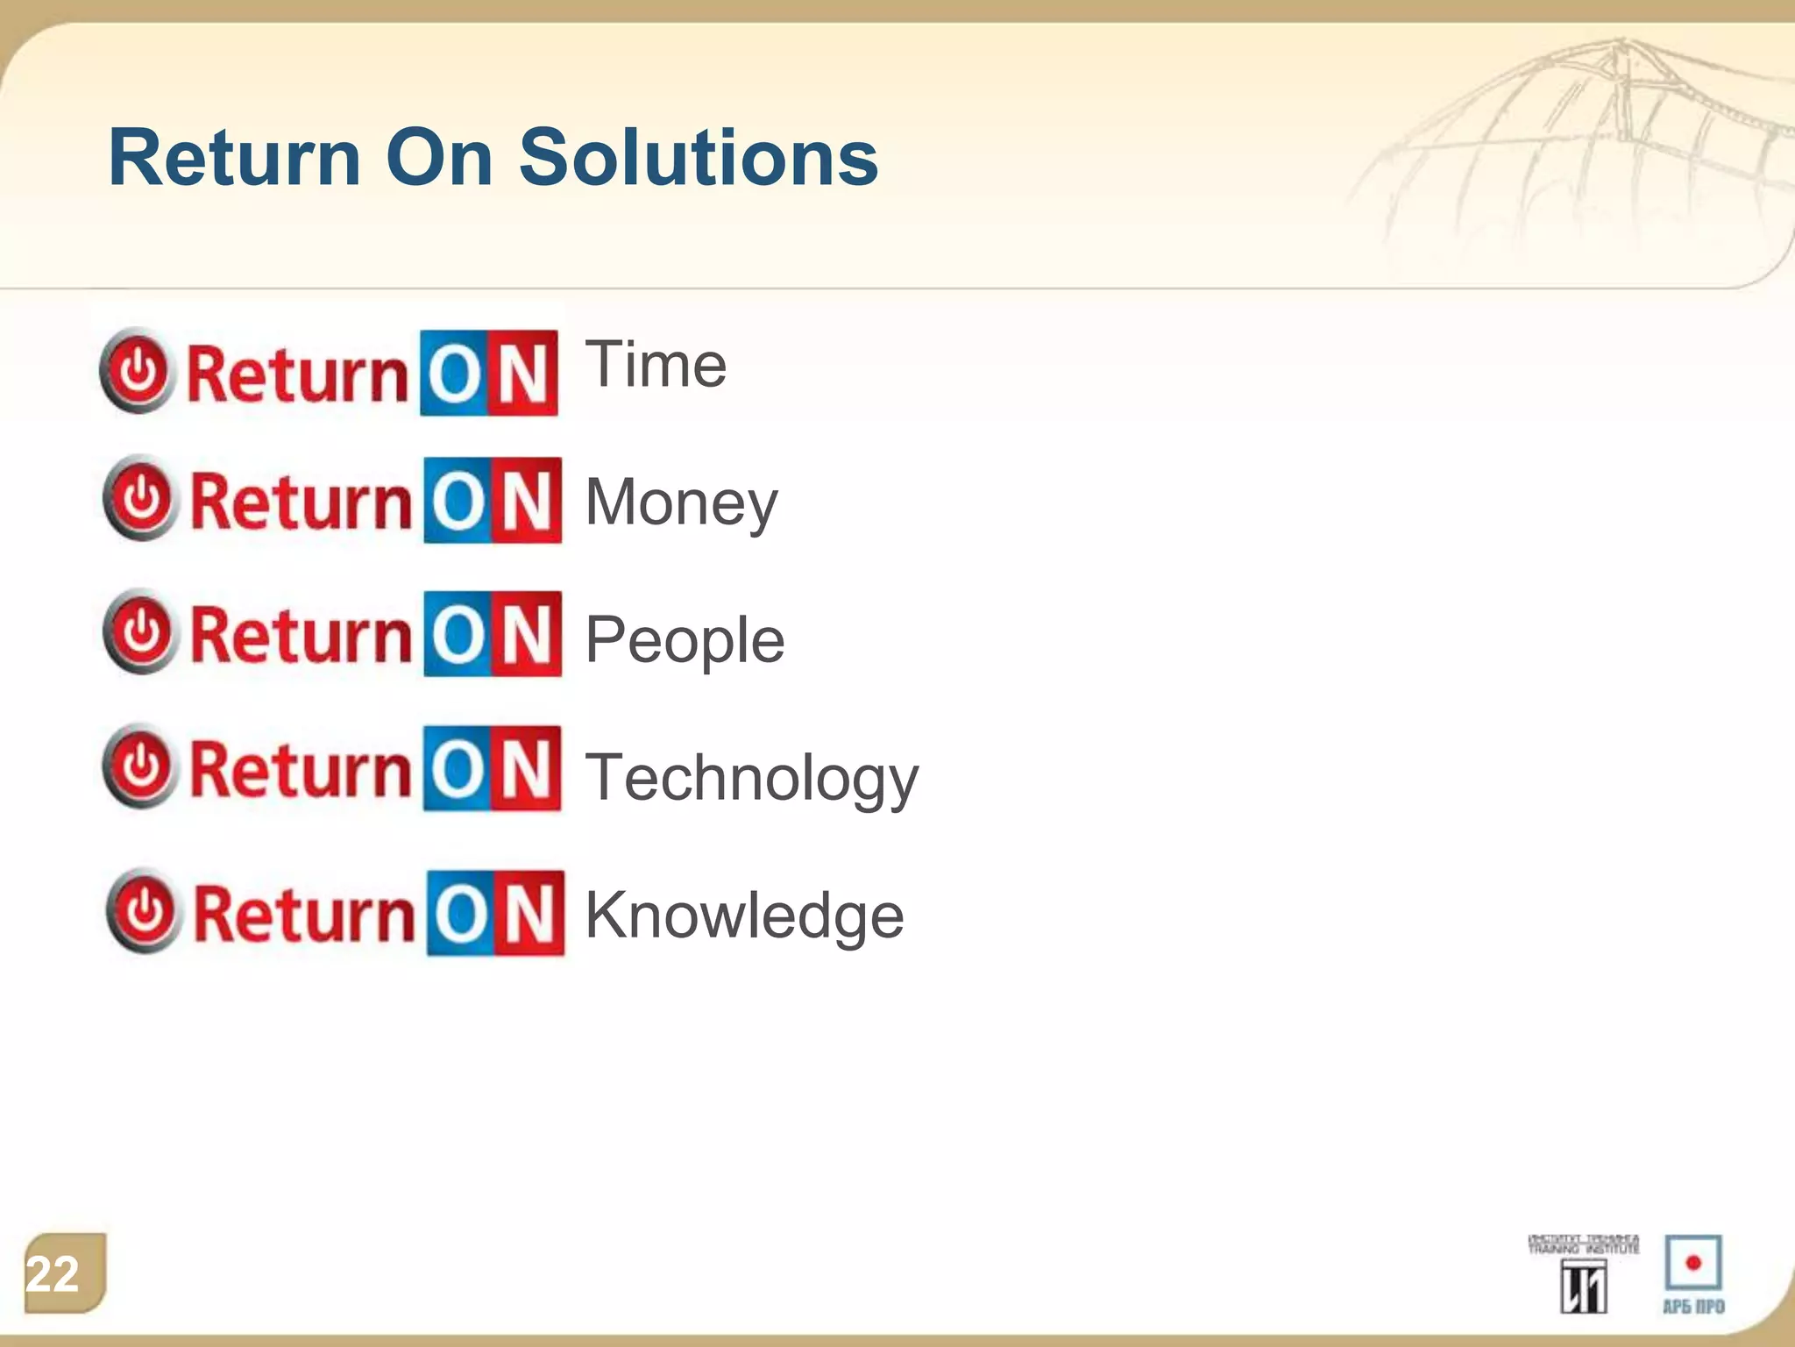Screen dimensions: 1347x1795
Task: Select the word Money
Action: tap(681, 502)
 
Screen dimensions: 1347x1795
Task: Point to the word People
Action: tap(685, 640)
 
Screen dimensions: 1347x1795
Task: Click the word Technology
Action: tap(751, 778)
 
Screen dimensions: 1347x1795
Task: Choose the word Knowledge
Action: tap(744, 916)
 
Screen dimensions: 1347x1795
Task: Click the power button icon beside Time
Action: tap(138, 371)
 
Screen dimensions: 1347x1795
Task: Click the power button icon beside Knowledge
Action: tap(145, 911)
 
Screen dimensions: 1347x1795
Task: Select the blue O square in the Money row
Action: tap(458, 501)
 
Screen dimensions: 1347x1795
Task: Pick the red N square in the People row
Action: tap(528, 634)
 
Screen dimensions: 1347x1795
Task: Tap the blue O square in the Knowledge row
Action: tap(461, 914)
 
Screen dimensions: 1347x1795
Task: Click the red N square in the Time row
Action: tap(524, 373)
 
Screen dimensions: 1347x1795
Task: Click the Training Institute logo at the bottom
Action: tap(1583, 1274)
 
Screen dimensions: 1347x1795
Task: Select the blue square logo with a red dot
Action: tap(1693, 1264)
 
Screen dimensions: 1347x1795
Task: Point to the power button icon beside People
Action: tap(141, 631)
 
